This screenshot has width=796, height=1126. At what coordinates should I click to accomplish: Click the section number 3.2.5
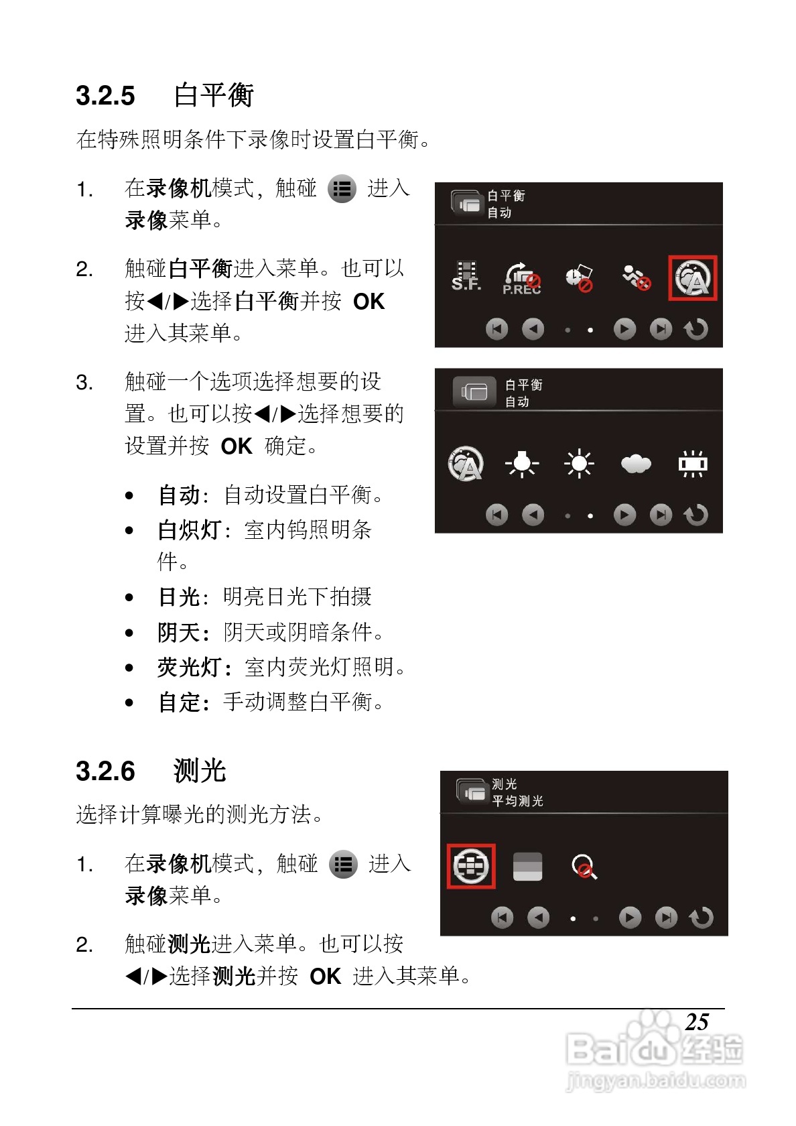pyautogui.click(x=105, y=96)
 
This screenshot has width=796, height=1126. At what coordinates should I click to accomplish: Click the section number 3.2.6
pyautogui.click(x=105, y=771)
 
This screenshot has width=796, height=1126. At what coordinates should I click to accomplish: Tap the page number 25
pyautogui.click(x=696, y=1022)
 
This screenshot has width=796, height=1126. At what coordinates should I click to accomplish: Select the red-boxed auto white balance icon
pyautogui.click(x=692, y=277)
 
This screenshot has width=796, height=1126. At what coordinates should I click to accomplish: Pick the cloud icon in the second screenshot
pyautogui.click(x=635, y=464)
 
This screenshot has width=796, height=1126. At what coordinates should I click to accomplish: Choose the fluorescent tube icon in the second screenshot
pyautogui.click(x=692, y=464)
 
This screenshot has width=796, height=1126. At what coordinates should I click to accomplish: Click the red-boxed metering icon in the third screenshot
pyautogui.click(x=471, y=866)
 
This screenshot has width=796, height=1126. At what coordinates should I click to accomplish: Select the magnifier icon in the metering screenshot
pyautogui.click(x=584, y=867)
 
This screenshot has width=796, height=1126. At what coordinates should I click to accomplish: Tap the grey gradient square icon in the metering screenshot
pyautogui.click(x=527, y=867)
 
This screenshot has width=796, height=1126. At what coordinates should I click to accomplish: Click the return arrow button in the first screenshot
pyautogui.click(x=696, y=329)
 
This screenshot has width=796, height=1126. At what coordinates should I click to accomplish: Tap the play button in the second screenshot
pyautogui.click(x=624, y=515)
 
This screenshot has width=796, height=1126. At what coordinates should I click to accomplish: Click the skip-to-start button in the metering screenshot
pyautogui.click(x=502, y=918)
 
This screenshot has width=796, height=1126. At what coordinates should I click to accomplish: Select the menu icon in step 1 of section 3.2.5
pyautogui.click(x=342, y=189)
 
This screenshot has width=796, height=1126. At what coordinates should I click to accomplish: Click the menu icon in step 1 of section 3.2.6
pyautogui.click(x=343, y=865)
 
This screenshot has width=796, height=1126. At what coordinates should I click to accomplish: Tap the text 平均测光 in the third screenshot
pyautogui.click(x=517, y=801)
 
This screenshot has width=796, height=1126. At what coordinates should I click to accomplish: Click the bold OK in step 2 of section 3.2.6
pyautogui.click(x=326, y=977)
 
